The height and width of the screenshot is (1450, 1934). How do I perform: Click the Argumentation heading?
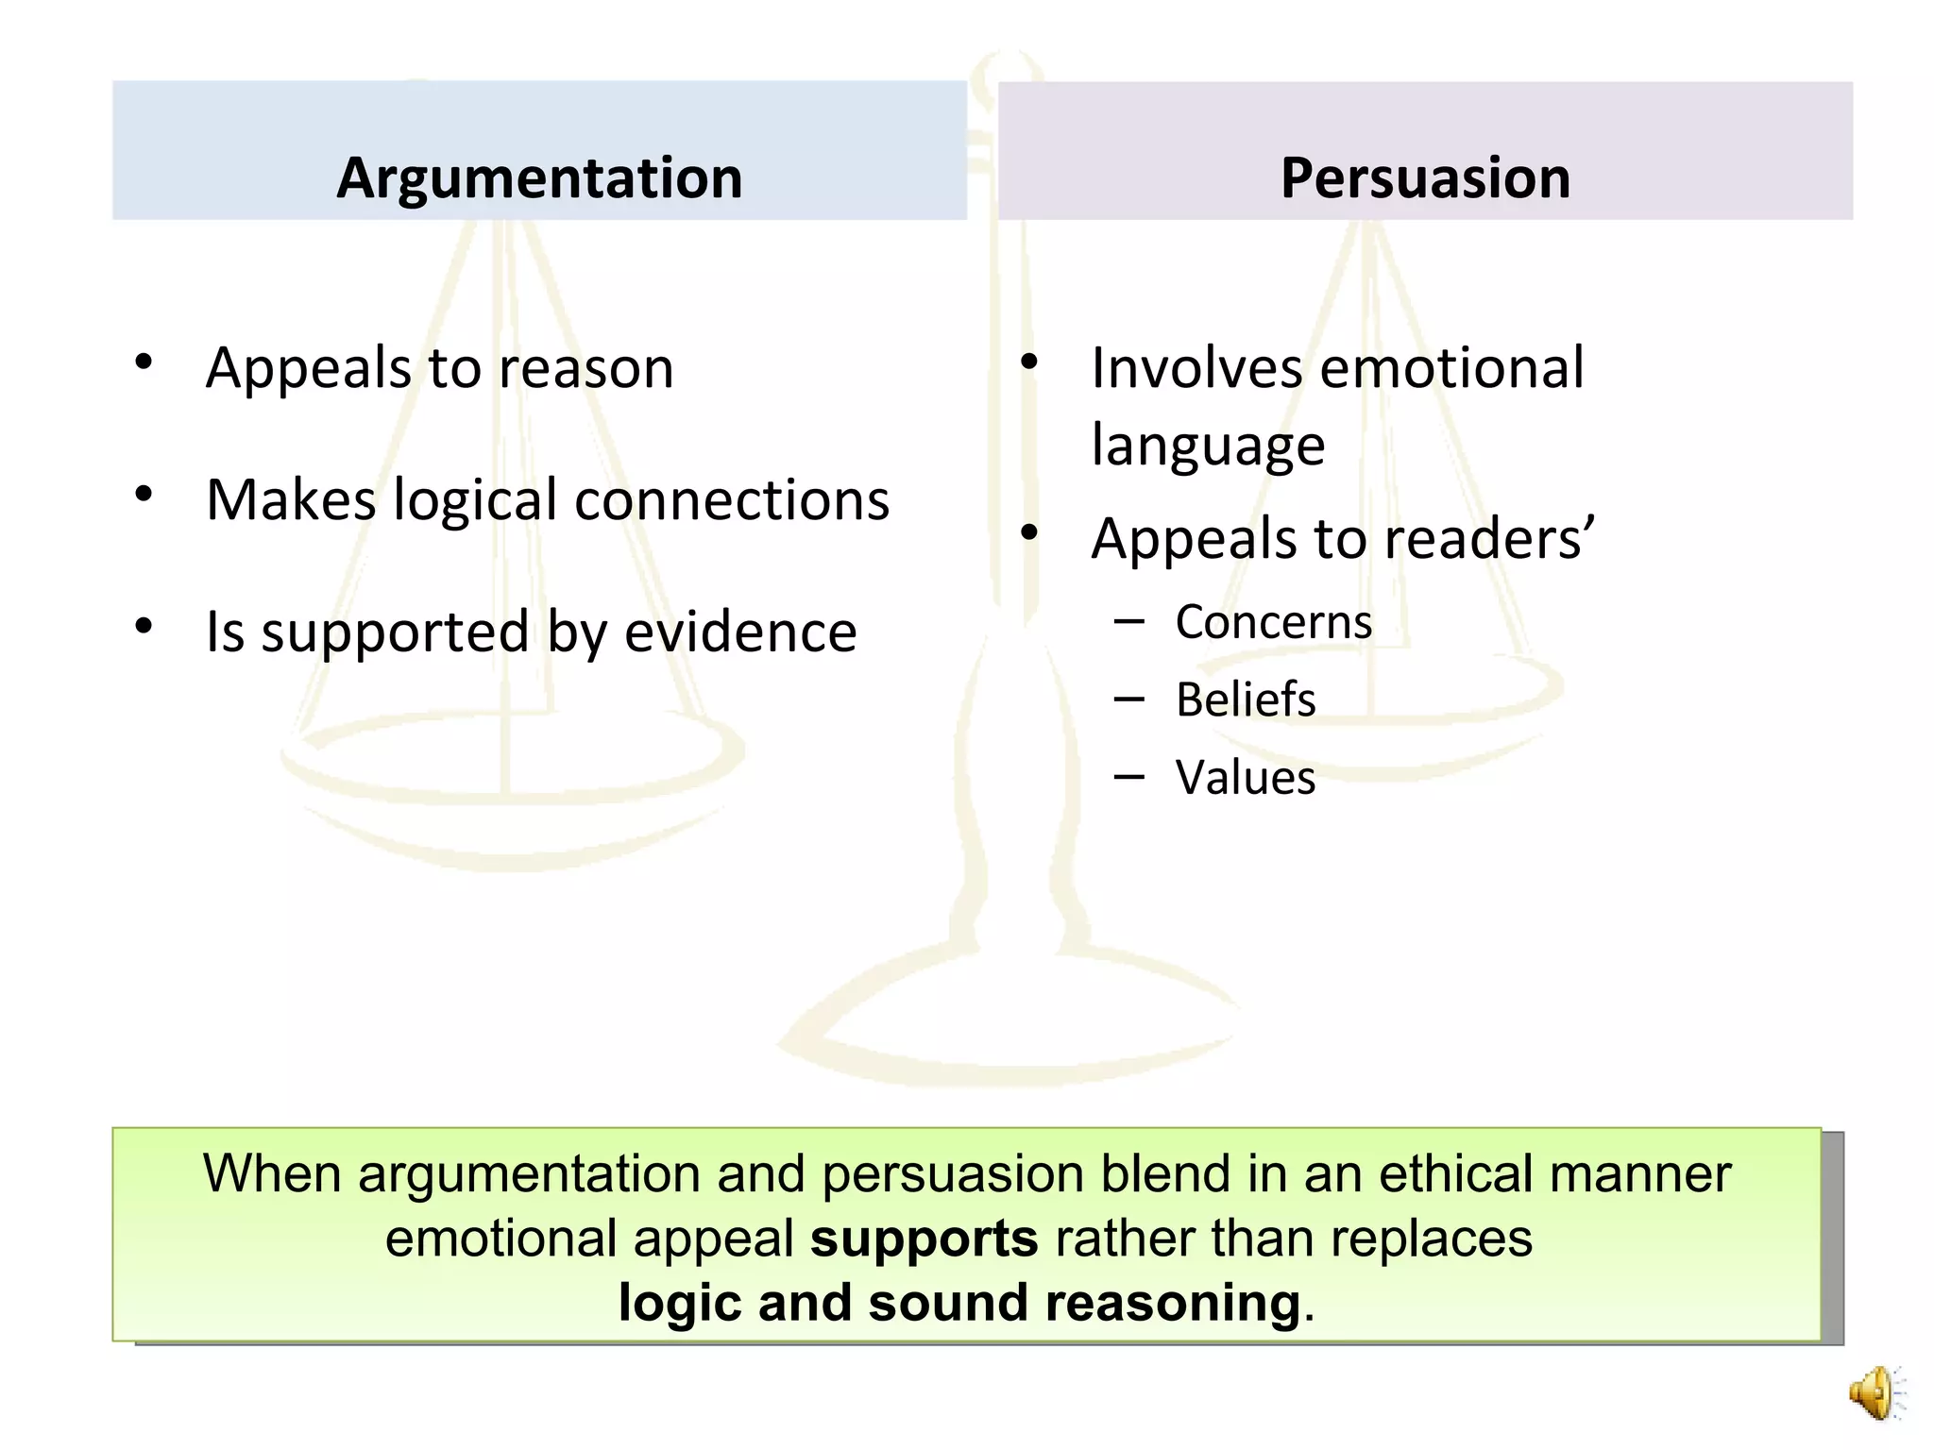coord(539,177)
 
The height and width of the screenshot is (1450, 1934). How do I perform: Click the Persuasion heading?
coord(1425,177)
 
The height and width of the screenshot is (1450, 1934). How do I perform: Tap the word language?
coord(1208,446)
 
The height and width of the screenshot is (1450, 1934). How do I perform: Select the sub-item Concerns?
coord(1273,623)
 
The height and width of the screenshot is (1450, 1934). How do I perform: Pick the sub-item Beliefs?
coord(1246,700)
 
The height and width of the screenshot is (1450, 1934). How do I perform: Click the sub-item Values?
coord(1245,779)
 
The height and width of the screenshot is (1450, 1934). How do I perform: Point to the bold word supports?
coord(924,1238)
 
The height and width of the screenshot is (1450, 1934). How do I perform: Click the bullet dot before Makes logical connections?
coord(144,494)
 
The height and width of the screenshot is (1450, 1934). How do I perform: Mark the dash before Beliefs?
coord(1128,700)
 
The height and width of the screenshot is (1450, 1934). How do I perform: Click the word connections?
coord(732,500)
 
